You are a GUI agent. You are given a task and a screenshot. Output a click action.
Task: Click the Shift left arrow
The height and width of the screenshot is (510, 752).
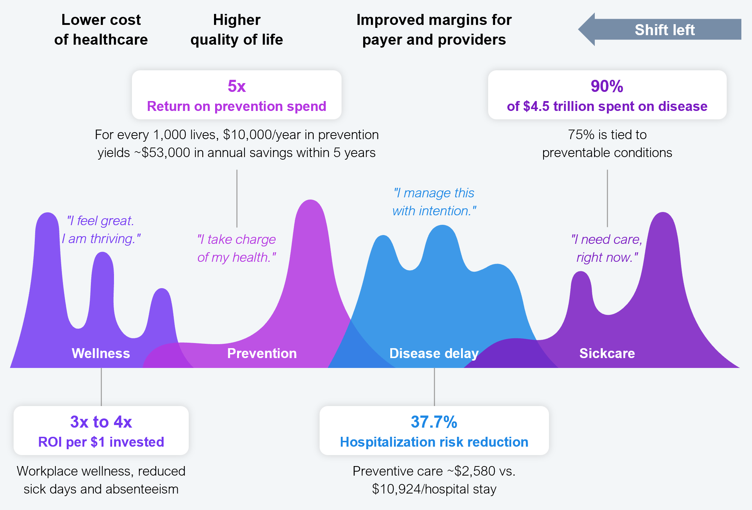(x=660, y=29)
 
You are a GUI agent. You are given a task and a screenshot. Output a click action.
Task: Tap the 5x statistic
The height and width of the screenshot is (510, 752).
(x=237, y=86)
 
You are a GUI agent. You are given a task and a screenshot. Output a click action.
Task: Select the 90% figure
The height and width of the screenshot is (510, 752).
(x=607, y=86)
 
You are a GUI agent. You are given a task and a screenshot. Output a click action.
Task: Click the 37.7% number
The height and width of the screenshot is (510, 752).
(x=434, y=422)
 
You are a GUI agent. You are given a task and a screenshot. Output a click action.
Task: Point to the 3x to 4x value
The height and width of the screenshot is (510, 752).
(x=101, y=422)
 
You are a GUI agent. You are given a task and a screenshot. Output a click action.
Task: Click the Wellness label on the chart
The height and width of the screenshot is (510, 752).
(x=101, y=353)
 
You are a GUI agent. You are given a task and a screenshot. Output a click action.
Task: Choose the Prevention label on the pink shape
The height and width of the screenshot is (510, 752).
(x=262, y=353)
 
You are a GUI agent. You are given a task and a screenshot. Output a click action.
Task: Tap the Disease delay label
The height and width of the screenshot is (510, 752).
(x=434, y=353)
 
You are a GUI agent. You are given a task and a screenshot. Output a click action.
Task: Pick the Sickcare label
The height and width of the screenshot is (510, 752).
(x=607, y=353)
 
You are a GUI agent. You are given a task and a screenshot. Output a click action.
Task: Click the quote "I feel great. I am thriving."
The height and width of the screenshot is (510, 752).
(x=101, y=230)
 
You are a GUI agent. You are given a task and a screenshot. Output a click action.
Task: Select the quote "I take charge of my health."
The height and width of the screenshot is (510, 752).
(x=237, y=248)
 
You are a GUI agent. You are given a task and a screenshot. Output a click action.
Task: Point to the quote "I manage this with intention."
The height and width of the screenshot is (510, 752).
(x=434, y=202)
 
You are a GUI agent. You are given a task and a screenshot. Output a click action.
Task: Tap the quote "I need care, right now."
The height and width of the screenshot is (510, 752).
(x=607, y=248)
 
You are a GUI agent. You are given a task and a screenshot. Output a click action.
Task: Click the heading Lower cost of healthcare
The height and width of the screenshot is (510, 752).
(x=101, y=30)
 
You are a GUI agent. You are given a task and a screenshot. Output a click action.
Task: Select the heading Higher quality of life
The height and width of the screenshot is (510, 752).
(x=237, y=30)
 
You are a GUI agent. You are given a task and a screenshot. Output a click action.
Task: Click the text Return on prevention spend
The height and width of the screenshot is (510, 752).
(x=237, y=106)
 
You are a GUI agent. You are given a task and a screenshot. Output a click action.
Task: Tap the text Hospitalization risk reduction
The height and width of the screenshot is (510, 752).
(x=434, y=442)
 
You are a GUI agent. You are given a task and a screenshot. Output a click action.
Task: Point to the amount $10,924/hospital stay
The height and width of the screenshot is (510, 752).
(x=434, y=489)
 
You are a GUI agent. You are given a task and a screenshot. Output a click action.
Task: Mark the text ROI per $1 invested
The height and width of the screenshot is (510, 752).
(x=101, y=442)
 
